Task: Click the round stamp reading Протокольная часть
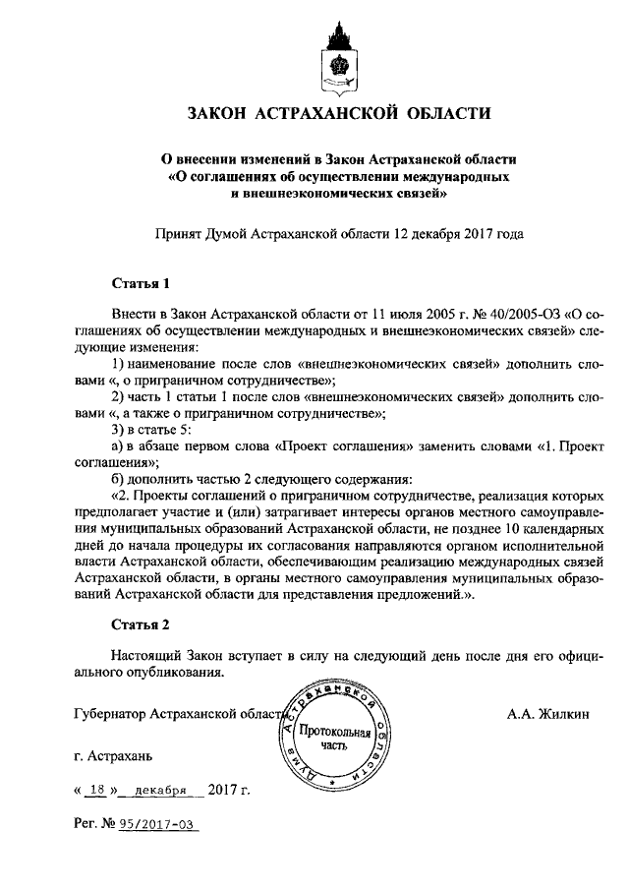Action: pos(335,739)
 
